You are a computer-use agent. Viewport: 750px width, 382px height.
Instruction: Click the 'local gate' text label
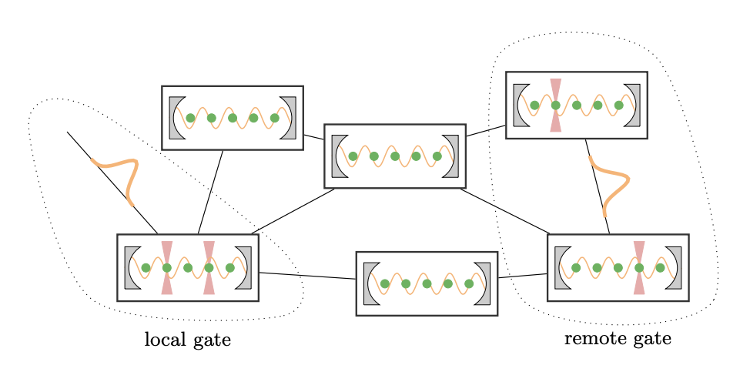click(x=187, y=340)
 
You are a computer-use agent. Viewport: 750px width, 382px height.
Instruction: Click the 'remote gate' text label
click(x=618, y=339)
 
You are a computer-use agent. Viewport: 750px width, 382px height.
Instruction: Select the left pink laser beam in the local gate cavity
click(x=167, y=268)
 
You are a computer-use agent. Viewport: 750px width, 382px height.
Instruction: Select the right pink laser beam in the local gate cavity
click(x=209, y=268)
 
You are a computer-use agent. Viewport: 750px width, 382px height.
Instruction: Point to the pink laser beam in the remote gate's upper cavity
click(x=555, y=105)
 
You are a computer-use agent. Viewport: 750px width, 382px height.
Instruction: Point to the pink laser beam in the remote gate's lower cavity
click(x=638, y=268)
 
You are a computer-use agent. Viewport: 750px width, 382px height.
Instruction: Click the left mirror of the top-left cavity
click(x=176, y=118)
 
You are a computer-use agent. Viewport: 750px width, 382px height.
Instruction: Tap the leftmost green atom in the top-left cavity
click(x=191, y=118)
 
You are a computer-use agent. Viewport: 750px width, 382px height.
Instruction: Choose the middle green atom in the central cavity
click(x=395, y=156)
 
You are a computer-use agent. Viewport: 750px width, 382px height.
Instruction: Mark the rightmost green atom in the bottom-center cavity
click(x=469, y=283)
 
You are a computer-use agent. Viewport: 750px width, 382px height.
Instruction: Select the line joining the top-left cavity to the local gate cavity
click(x=210, y=192)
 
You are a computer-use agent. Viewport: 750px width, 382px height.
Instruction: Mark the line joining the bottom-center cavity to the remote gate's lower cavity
click(x=522, y=276)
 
